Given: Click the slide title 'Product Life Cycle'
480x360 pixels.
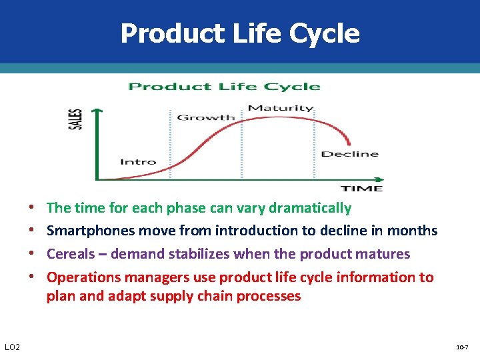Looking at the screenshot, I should (240, 33).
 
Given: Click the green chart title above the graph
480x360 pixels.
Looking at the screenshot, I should (224, 86).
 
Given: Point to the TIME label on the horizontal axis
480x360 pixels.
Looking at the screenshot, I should (362, 189).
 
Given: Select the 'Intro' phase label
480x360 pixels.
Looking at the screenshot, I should (138, 161).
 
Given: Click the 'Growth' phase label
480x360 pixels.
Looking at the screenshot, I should (205, 117).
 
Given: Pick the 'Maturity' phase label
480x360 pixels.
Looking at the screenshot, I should (280, 108).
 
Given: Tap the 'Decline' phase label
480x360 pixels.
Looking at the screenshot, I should (349, 154).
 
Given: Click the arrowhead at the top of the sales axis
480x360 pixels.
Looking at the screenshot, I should (97, 111).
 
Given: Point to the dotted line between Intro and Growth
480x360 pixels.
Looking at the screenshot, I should (170, 143).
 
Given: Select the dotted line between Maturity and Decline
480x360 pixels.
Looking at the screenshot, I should (314, 143).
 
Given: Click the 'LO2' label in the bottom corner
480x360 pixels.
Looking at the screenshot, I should (12, 347).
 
